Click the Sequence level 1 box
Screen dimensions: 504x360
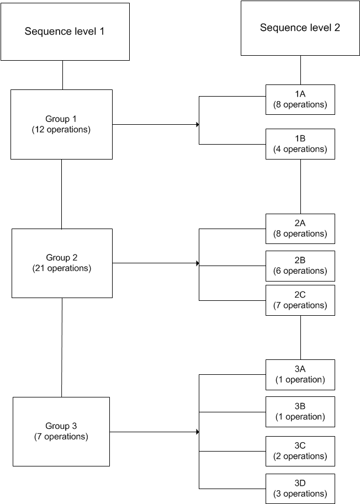point(65,31)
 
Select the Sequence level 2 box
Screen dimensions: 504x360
point(300,28)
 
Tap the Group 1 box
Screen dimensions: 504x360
point(61,124)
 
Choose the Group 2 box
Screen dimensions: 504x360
point(62,263)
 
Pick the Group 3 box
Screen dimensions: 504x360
point(61,431)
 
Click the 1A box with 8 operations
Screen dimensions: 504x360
point(300,99)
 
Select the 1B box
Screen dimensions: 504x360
point(300,144)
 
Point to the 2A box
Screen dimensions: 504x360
point(300,229)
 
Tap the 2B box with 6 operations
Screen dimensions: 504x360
point(300,266)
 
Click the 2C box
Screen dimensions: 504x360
point(300,300)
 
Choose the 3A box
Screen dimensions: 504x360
point(300,374)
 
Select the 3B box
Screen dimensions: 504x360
point(300,411)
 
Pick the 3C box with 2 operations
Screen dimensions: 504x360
point(300,451)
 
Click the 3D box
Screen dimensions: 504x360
point(300,489)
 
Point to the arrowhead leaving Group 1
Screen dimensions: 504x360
point(197,125)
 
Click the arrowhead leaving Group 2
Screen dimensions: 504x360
point(197,263)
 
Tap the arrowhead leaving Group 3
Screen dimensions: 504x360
point(197,432)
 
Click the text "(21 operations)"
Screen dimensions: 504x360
point(62,269)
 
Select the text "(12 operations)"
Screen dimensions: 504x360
point(61,130)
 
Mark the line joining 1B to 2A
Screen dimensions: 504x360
point(300,187)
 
